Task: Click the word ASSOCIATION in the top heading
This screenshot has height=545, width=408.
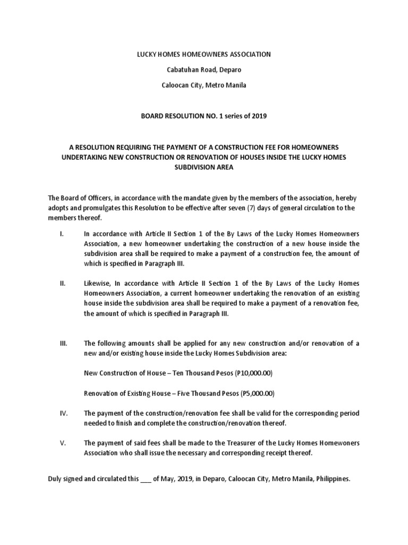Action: pos(248,54)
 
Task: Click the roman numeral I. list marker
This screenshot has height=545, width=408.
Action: pos(61,234)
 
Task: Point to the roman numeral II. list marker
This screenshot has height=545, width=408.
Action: pos(62,284)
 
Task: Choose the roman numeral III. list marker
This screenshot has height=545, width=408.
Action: pos(63,343)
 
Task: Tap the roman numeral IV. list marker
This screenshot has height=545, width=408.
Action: pos(63,413)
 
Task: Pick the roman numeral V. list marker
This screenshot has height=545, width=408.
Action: pos(62,443)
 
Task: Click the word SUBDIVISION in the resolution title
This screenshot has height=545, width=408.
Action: pos(203,167)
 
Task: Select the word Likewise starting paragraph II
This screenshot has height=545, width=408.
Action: pos(97,284)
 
